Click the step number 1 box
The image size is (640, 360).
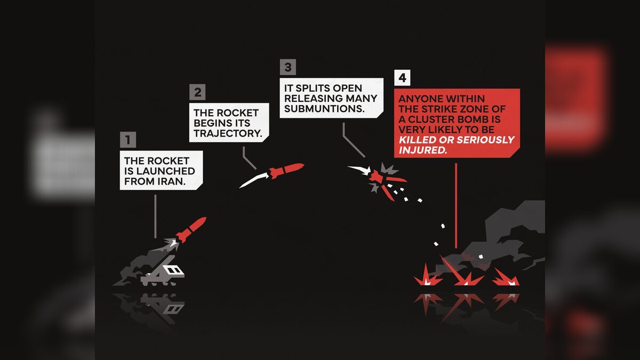(x=127, y=140)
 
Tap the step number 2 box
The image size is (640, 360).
(x=197, y=92)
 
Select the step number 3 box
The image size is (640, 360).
(x=287, y=67)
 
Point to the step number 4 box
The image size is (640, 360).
(x=402, y=78)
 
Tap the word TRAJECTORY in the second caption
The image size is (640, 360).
(x=228, y=133)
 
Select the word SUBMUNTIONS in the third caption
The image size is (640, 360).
(x=324, y=109)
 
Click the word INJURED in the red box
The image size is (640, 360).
(x=423, y=150)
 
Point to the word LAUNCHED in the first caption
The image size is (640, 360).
(x=166, y=171)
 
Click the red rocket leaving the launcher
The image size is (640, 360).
(x=191, y=229)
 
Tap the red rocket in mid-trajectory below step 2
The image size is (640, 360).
(x=286, y=171)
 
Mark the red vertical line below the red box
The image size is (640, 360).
(x=455, y=206)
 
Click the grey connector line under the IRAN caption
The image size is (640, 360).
(x=155, y=217)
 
